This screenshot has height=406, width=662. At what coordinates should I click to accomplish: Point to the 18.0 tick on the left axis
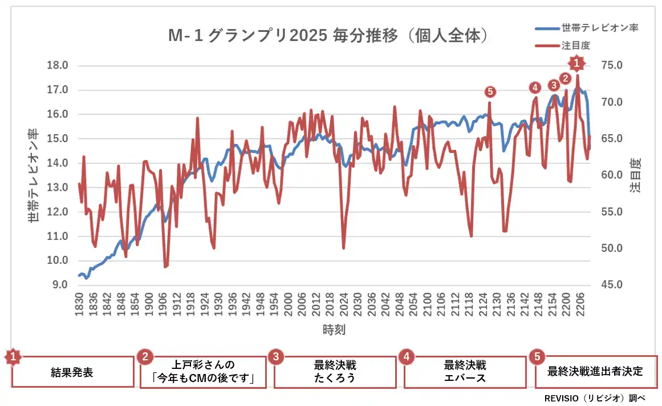[57, 66]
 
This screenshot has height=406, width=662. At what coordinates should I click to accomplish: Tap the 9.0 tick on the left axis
[59, 285]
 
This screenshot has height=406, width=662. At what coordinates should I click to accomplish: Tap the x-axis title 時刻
[334, 329]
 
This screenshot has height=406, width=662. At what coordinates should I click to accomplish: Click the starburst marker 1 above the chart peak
[576, 62]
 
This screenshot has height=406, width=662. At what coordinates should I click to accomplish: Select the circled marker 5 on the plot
[490, 91]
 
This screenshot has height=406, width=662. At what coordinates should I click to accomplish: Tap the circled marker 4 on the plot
[534, 87]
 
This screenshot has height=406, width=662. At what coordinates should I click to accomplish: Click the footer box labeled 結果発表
[72, 372]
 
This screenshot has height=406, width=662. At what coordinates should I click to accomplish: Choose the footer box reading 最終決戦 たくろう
[335, 372]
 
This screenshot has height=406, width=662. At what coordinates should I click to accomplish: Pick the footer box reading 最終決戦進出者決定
[595, 372]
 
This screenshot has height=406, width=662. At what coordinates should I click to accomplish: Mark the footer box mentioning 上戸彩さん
[203, 372]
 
